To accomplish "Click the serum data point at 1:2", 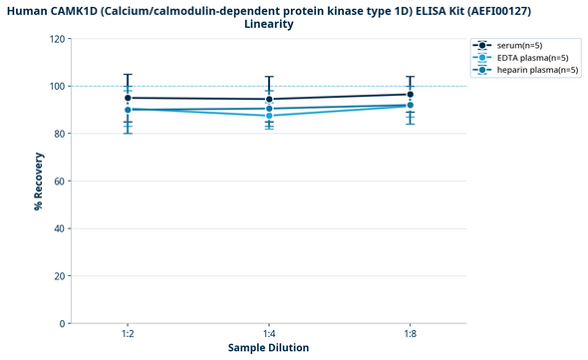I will click(128, 98).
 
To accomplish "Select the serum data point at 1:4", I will click(269, 99).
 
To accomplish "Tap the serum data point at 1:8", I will click(410, 94).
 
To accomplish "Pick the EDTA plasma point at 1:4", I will click(269, 116).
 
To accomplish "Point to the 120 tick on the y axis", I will click(57, 39).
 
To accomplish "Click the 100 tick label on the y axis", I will click(57, 86).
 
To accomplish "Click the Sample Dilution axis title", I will click(268, 348).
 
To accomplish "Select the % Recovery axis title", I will click(38, 181).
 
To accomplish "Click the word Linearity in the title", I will click(268, 23).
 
